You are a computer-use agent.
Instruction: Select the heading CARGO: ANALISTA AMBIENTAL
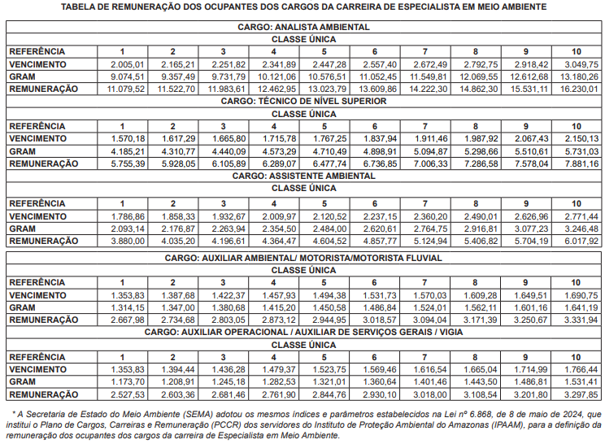click(x=302, y=27)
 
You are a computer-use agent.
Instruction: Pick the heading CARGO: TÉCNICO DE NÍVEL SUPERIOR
click(x=302, y=102)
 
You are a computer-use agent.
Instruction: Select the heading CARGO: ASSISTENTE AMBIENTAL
click(x=302, y=176)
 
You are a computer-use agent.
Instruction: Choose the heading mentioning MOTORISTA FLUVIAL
click(x=302, y=258)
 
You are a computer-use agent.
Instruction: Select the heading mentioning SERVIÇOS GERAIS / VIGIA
click(x=302, y=333)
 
